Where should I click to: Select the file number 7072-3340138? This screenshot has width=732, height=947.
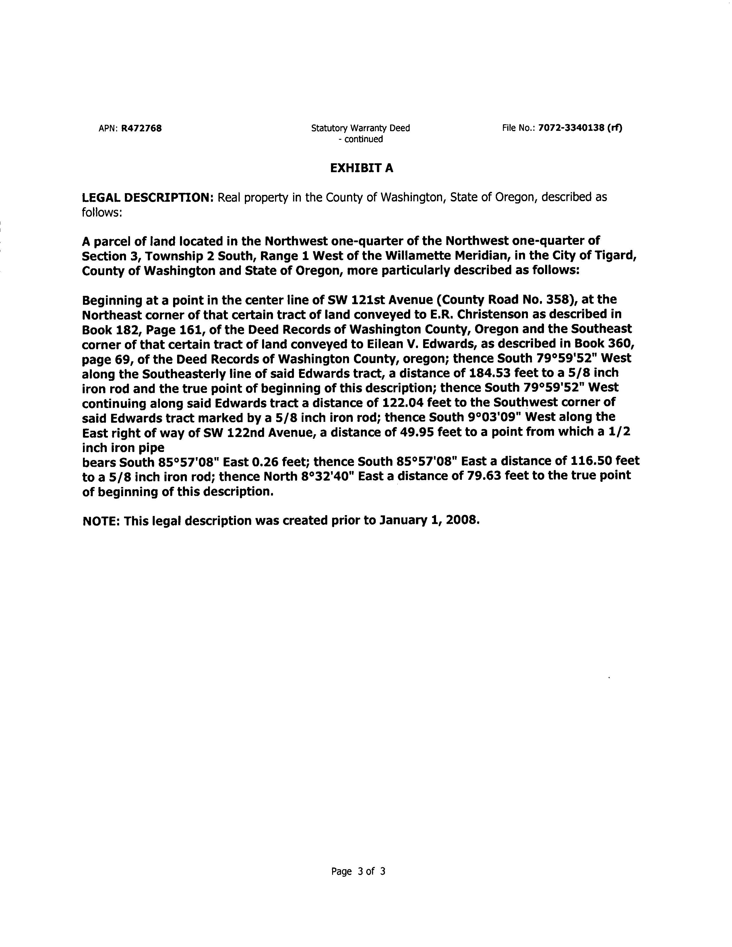tap(571, 128)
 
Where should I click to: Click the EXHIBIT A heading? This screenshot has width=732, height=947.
tap(362, 168)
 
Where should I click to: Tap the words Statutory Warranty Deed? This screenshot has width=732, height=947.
tap(360, 128)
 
